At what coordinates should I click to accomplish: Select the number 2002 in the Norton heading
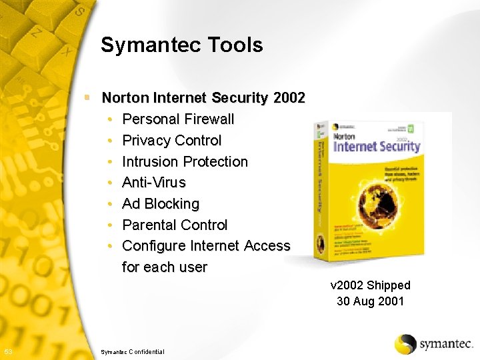point(289,98)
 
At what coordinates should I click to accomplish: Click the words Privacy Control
point(172,141)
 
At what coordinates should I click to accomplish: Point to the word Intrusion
point(151,162)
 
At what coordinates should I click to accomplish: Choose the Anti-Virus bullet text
point(154,183)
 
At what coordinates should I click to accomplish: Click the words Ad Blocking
point(161,204)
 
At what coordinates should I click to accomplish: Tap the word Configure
point(154,246)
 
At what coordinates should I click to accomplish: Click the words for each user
point(165,267)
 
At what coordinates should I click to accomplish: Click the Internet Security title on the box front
point(377,145)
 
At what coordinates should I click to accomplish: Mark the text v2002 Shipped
point(371,285)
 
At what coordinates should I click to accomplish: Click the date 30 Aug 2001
point(371,301)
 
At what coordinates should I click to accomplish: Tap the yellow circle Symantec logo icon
point(405,344)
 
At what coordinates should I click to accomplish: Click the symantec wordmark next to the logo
point(445,345)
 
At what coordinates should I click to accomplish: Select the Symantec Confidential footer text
point(132,351)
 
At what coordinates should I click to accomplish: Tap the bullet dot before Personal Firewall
point(109,119)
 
